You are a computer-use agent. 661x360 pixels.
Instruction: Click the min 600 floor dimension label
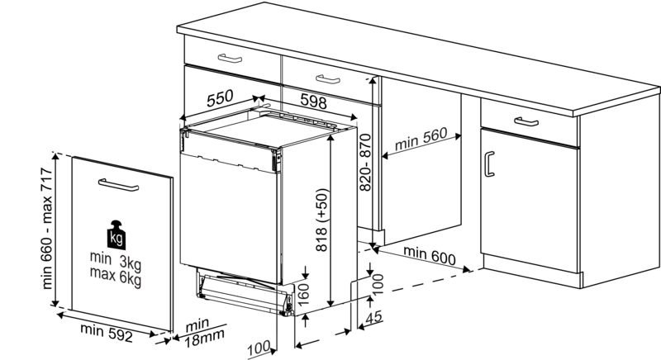tap(430, 255)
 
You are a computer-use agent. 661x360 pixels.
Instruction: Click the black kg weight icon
tap(116, 237)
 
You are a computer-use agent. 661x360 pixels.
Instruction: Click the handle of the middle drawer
tap(328, 78)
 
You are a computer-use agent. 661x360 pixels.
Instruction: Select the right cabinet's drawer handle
tap(525, 121)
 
